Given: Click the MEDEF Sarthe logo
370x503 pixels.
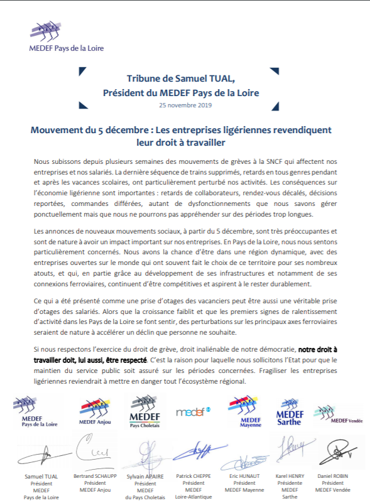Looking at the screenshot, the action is (x=289, y=412).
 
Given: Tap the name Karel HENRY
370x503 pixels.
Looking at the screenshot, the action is (x=290, y=476).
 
